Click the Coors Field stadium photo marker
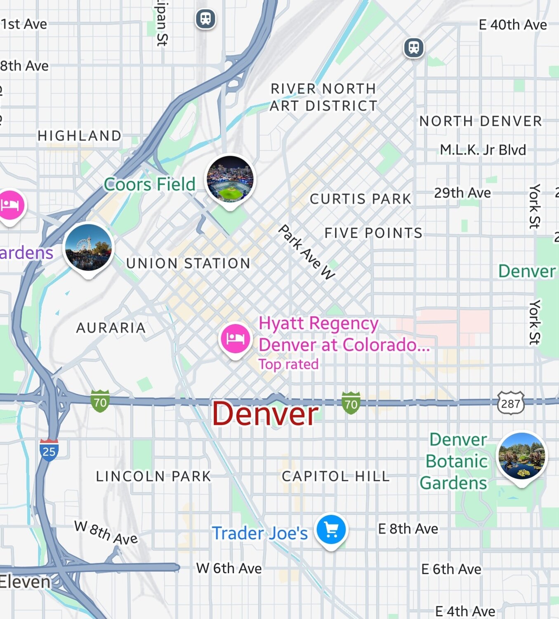click(230, 180)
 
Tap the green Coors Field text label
click(149, 184)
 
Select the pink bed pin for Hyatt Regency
click(235, 338)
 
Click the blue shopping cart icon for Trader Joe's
click(331, 529)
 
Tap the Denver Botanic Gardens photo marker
click(522, 456)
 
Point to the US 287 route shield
click(511, 403)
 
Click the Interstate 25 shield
click(49, 451)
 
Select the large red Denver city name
click(265, 414)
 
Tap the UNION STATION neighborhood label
click(188, 263)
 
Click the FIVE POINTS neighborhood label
click(373, 233)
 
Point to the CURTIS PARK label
click(361, 199)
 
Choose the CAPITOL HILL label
click(335, 476)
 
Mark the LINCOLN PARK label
click(153, 476)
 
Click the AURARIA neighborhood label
click(111, 328)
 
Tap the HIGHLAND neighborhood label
click(80, 135)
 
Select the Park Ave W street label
click(307, 253)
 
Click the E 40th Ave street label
click(513, 25)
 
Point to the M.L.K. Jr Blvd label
click(483, 150)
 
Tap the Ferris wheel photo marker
click(89, 247)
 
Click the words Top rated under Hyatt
click(288, 364)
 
